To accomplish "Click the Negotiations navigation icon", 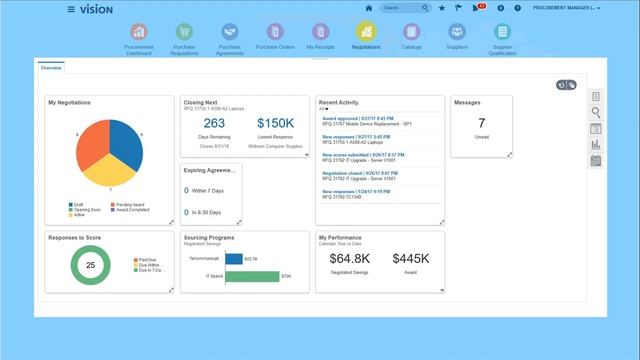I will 366,32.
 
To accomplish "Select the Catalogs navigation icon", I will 410,32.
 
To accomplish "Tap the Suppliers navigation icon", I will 456,32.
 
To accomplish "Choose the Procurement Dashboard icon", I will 139,32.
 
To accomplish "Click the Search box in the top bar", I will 405,8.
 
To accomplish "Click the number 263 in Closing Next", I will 214,122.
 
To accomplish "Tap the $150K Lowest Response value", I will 274,122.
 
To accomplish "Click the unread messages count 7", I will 481,123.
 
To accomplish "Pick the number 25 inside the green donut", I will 90,265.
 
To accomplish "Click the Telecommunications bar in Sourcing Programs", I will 234,258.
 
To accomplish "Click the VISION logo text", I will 96,9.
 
